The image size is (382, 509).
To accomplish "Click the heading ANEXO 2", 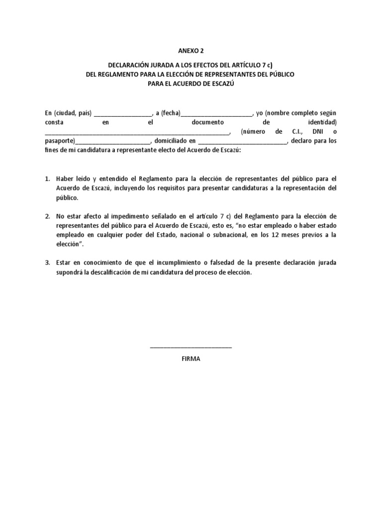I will [191, 51].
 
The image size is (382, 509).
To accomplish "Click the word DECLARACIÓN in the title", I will [131, 65].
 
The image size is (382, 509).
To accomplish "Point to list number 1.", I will [47, 178].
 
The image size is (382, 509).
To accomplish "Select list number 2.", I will [47, 217].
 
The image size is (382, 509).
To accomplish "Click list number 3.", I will [47, 263].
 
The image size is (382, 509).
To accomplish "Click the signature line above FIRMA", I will [191, 347].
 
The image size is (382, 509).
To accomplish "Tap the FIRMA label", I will [191, 358].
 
